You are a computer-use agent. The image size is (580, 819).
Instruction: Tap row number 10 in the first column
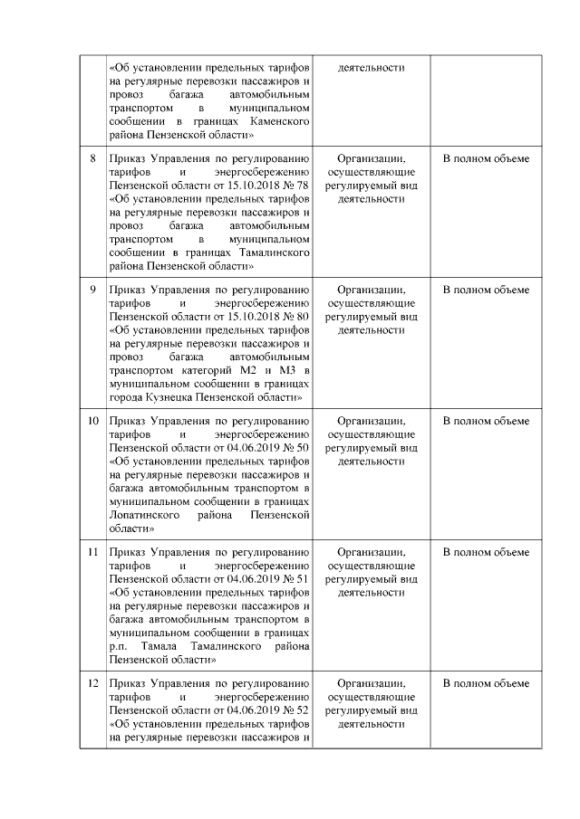coord(92,422)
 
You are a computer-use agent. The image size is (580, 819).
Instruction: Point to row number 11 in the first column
coord(92,553)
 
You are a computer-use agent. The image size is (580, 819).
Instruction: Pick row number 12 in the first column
coord(92,684)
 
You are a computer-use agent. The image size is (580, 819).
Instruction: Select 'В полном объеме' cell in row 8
coord(486,159)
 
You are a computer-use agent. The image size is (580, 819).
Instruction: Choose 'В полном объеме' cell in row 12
coord(486,684)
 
